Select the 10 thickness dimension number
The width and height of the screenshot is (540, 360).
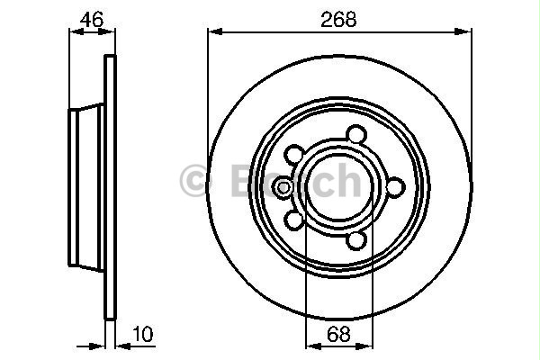click(142, 332)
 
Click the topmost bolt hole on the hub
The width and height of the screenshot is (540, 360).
click(357, 134)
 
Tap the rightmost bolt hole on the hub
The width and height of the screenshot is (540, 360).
click(393, 186)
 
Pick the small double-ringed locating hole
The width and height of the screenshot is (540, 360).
click(282, 187)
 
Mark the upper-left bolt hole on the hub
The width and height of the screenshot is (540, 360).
click(295, 154)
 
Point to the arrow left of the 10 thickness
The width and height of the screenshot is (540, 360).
click(97, 346)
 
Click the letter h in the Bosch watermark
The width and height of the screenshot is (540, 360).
click(345, 182)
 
